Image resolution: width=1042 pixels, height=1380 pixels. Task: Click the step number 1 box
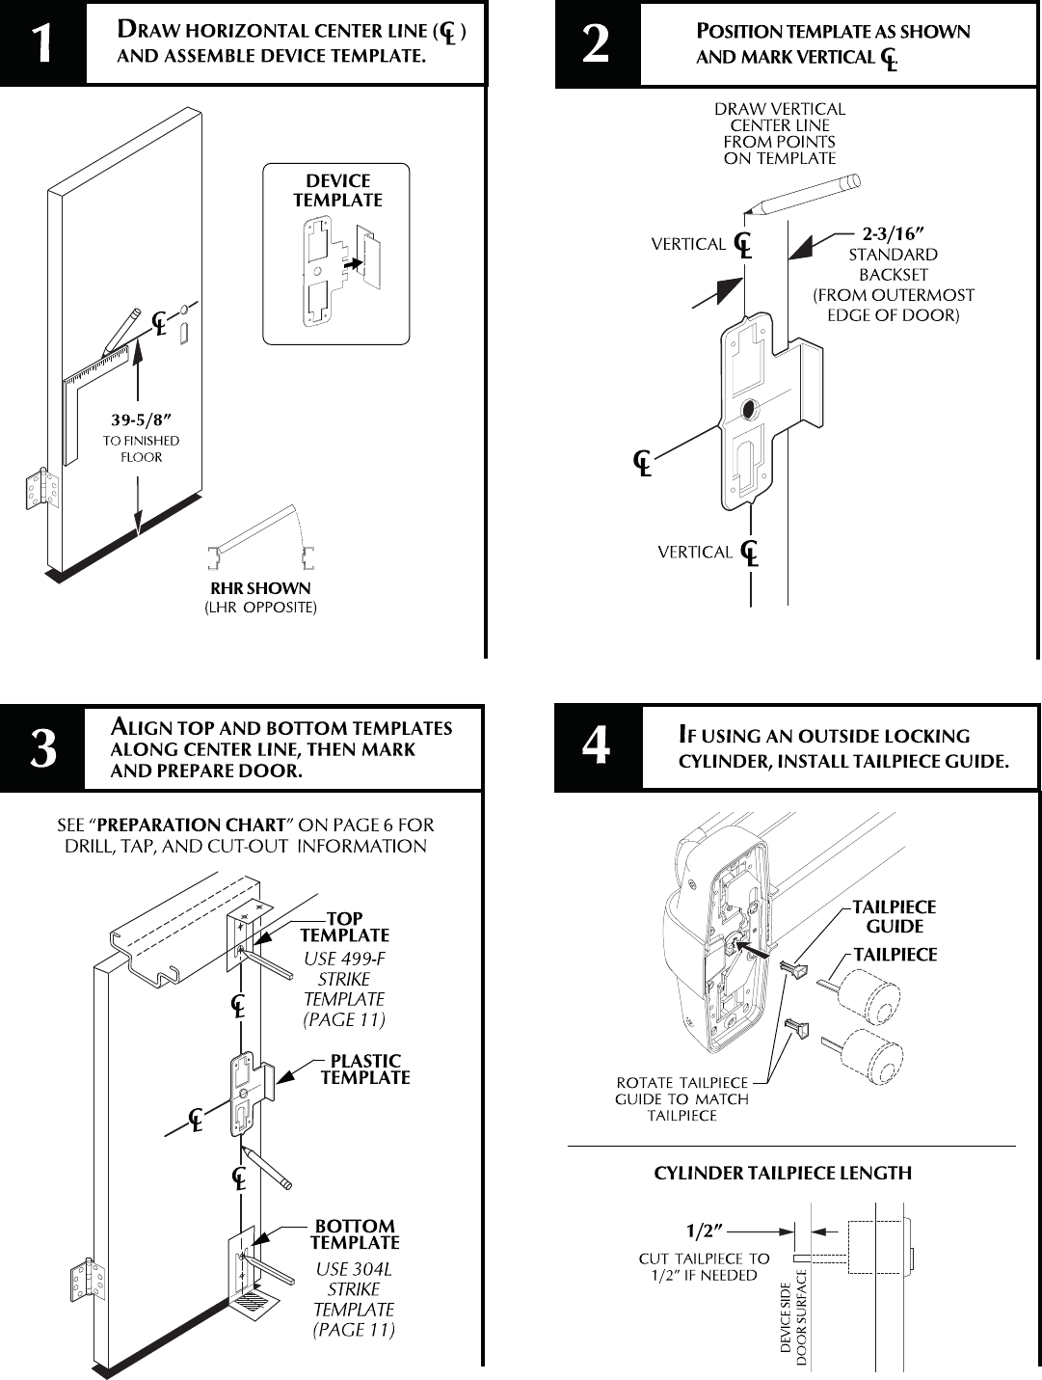[x=42, y=43]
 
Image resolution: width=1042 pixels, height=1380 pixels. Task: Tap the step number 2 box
[x=597, y=43]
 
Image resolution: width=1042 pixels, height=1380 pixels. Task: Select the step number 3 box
[x=42, y=749]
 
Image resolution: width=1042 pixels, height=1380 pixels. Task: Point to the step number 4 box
[x=598, y=748]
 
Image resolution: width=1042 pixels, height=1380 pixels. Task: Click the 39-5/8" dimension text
[x=141, y=420]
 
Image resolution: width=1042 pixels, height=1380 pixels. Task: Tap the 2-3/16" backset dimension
[x=893, y=233]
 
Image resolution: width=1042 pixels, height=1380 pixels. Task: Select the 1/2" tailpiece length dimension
[x=705, y=1231]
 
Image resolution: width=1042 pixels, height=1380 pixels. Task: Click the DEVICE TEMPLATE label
[x=337, y=191]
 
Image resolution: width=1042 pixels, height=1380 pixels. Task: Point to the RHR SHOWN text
[x=260, y=588]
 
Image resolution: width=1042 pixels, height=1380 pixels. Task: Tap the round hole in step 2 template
[x=748, y=412]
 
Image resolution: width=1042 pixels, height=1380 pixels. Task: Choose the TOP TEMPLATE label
[x=344, y=928]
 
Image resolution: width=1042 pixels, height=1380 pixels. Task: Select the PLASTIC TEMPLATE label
[x=364, y=1069]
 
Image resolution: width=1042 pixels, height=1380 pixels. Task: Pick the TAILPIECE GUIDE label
[x=894, y=916]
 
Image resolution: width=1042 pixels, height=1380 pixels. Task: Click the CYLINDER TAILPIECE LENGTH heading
[x=783, y=1174]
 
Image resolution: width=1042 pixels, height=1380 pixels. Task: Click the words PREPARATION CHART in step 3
[x=192, y=825]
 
